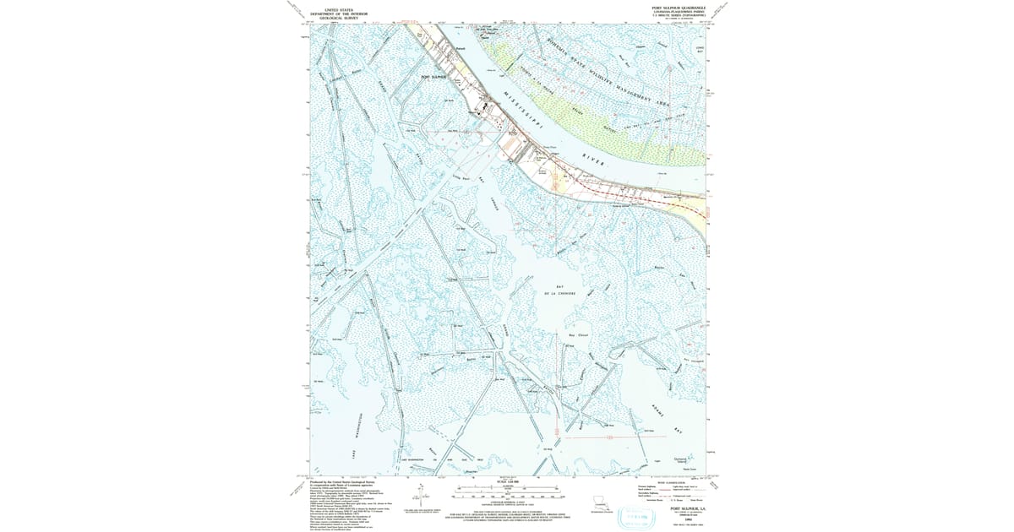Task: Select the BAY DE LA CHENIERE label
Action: pyautogui.click(x=554, y=293)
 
